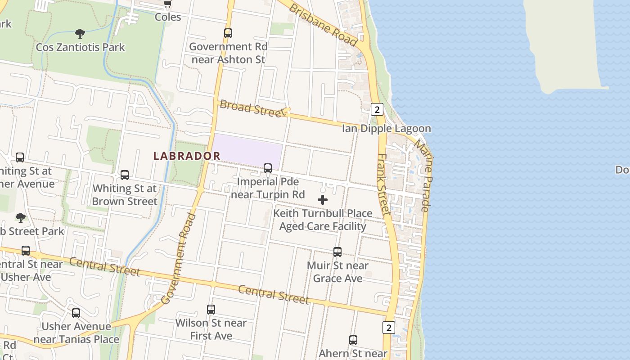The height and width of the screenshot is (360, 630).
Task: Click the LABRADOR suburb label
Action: click(x=187, y=156)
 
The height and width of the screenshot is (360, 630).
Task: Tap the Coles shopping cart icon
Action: click(x=168, y=4)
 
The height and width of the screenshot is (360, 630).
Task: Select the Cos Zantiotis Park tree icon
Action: click(x=80, y=33)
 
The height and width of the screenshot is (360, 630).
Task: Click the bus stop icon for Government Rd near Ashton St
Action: click(x=228, y=33)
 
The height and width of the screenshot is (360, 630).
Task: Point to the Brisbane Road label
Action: click(x=323, y=26)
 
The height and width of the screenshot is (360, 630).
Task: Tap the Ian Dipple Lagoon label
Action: click(x=386, y=129)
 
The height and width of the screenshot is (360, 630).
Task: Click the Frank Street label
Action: click(x=383, y=184)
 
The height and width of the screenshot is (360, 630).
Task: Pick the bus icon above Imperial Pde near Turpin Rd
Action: click(x=268, y=168)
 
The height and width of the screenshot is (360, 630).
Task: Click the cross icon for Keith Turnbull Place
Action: click(x=323, y=200)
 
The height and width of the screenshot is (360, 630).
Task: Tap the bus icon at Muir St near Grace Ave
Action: click(x=337, y=252)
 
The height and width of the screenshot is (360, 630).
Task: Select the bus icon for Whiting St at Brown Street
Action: click(x=125, y=175)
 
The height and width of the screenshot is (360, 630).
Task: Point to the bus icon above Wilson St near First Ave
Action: click(x=211, y=310)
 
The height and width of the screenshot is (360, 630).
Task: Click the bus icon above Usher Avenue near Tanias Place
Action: click(x=76, y=313)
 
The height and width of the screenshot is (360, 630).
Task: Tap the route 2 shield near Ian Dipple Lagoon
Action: click(x=377, y=109)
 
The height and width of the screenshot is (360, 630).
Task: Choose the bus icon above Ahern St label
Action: click(x=353, y=340)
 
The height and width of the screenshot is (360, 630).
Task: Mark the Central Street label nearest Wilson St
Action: click(x=273, y=294)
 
